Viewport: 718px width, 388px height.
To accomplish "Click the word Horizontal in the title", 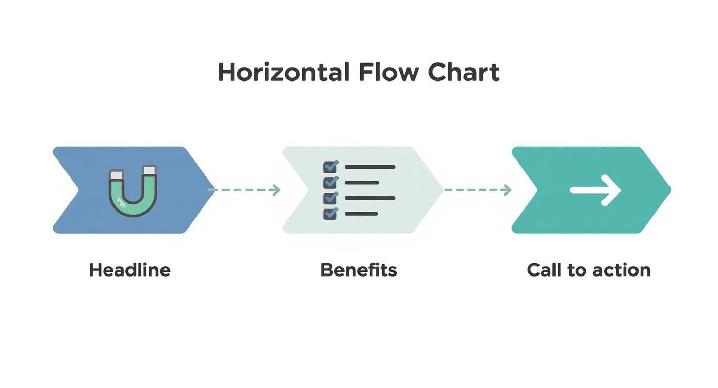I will point(283,72).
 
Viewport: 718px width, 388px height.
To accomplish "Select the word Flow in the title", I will point(388,72).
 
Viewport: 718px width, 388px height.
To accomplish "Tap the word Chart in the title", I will point(463,72).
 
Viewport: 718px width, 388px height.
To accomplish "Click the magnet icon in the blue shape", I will point(133,190).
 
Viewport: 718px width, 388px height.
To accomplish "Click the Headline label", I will point(129,270).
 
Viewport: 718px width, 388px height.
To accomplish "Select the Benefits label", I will point(358,270).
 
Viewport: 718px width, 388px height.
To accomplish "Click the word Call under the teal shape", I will point(544,270).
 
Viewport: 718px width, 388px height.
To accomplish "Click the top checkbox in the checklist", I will point(330,167).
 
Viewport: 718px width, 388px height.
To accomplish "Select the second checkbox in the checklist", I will point(330,183).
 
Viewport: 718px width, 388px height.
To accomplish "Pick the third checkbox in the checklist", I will point(330,198).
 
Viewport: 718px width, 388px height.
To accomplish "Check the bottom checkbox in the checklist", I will point(330,214).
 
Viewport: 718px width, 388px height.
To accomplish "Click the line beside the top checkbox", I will point(369,167).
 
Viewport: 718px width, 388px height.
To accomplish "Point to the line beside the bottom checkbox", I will point(361,214).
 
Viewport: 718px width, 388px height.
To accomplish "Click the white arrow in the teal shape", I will point(595,190).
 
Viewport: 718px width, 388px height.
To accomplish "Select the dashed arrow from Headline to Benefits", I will point(244,190).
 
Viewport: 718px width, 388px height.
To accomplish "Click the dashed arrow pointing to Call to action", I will point(477,190).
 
